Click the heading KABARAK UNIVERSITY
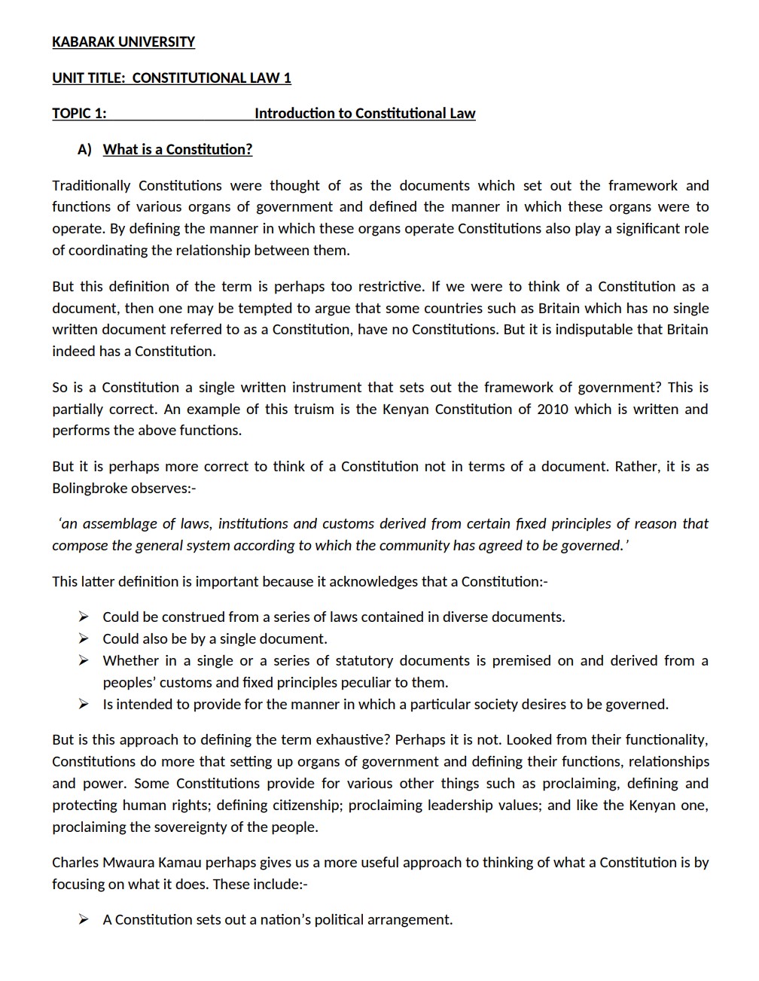click(123, 42)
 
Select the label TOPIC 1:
click(79, 114)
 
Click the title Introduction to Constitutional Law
click(364, 114)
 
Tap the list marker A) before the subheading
click(84, 150)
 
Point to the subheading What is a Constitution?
click(178, 150)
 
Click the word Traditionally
click(91, 186)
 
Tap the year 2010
click(553, 410)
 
